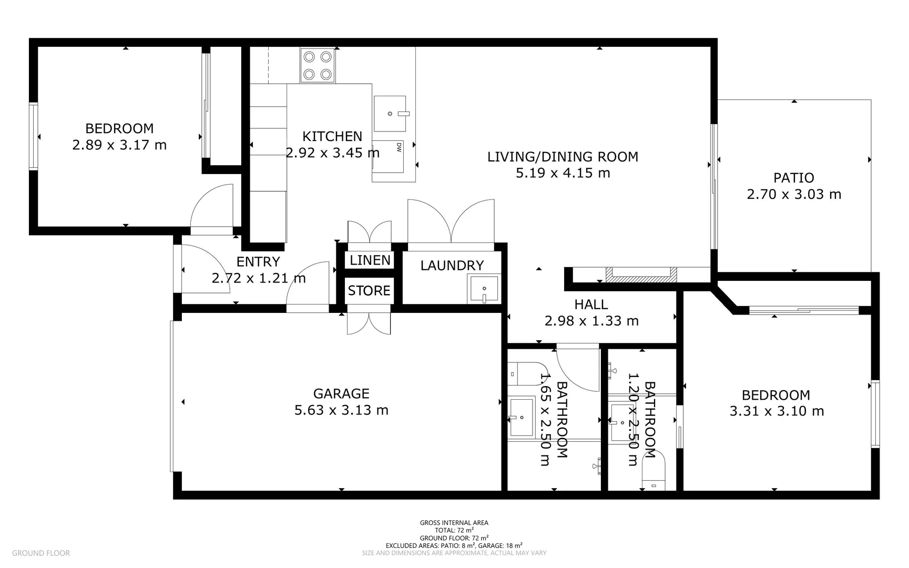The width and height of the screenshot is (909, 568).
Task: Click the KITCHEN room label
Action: click(x=332, y=136)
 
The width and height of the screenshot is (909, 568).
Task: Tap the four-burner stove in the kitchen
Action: click(x=318, y=65)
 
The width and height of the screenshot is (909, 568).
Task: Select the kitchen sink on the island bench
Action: click(x=390, y=114)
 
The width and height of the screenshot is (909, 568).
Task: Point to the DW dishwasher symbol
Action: click(x=399, y=148)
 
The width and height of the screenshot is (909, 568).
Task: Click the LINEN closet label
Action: click(x=370, y=260)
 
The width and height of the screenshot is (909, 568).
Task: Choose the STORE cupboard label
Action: click(x=369, y=290)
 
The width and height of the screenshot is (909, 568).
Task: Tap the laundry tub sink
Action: click(x=484, y=290)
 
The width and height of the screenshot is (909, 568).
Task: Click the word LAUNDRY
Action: click(x=452, y=266)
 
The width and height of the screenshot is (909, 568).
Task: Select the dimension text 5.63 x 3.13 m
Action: click(x=341, y=410)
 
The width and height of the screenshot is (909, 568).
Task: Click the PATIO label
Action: click(x=793, y=178)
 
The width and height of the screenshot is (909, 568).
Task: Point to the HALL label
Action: click(x=591, y=305)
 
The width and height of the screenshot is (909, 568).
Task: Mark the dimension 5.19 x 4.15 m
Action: click(x=563, y=173)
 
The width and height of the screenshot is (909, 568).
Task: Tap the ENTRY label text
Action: click(x=258, y=261)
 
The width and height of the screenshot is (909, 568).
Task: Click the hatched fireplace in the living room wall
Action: click(x=641, y=275)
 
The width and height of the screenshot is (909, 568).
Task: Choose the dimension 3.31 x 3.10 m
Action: click(x=776, y=411)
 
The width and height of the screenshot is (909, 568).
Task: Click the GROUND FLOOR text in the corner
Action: click(x=41, y=553)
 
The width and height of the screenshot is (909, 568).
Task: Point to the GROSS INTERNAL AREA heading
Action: click(x=454, y=523)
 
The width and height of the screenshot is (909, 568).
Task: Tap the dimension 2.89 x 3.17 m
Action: click(x=119, y=145)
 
